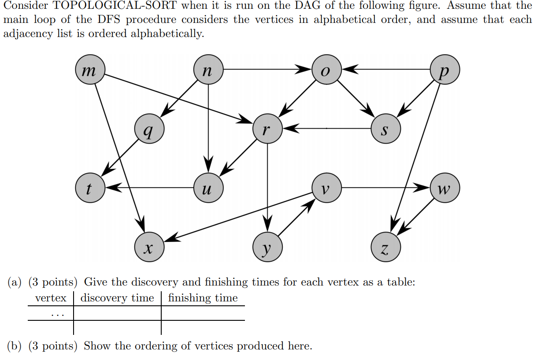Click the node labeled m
pyautogui.click(x=90, y=70)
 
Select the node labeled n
pyautogui.click(x=208, y=70)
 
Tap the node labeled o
pyautogui.click(x=326, y=70)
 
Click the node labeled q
pyautogui.click(x=149, y=129)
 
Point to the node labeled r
pyautogui.click(x=267, y=129)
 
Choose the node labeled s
pyautogui.click(x=385, y=129)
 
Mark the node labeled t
pyautogui.click(x=90, y=188)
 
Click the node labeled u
pyautogui.click(x=208, y=188)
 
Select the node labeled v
pyautogui.click(x=326, y=188)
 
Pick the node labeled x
pyautogui.click(x=149, y=247)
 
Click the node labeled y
pyautogui.click(x=267, y=247)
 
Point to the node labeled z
pyautogui.click(x=385, y=247)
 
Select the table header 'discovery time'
pyautogui.click(x=117, y=298)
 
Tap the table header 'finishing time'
pyautogui.click(x=203, y=298)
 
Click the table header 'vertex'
pyautogui.click(x=51, y=298)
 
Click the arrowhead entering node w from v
pyautogui.click(x=423, y=188)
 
